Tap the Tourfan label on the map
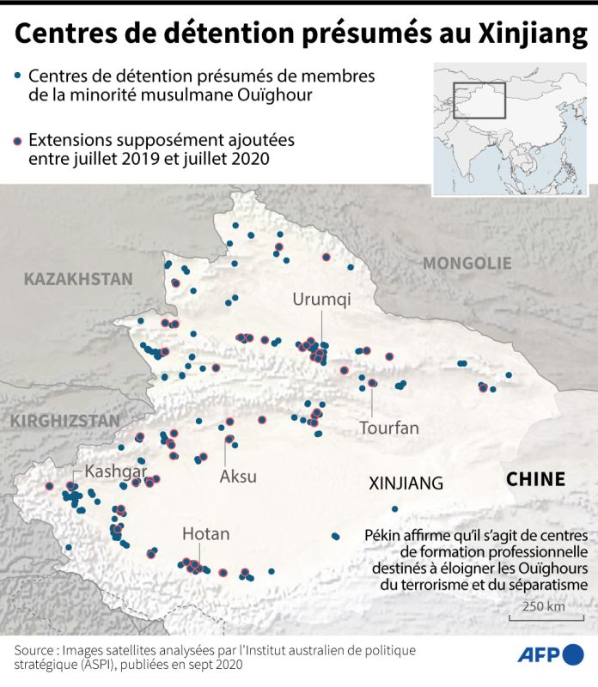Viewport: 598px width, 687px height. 389,427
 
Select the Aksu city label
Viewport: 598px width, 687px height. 238,477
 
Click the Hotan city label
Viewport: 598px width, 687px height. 205,534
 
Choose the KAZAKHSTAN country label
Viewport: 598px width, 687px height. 78,278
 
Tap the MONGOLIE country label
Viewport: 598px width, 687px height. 467,263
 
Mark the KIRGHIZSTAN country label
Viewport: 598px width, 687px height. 64,421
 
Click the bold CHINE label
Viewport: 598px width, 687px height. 534,479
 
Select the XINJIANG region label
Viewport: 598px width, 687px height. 406,483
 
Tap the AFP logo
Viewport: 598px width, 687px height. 549,654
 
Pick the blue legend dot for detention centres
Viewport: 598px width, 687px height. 17,76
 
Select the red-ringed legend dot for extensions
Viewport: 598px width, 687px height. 17,140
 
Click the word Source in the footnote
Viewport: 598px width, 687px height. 38,649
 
